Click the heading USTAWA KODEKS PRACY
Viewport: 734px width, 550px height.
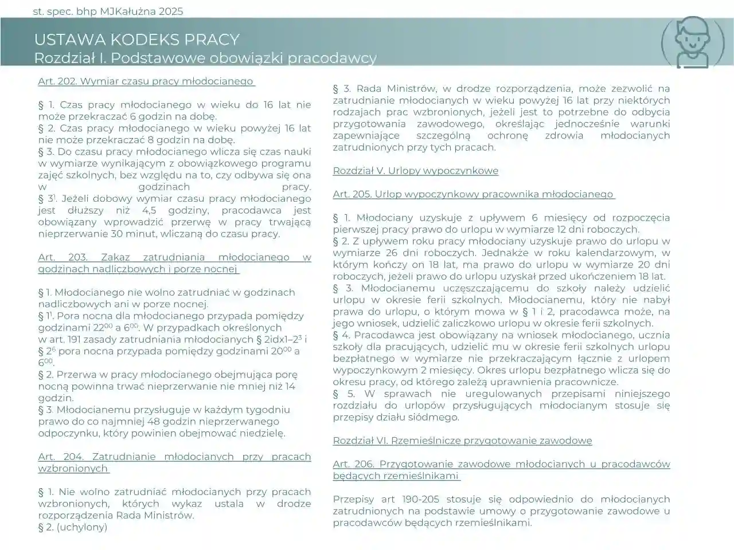tap(136, 40)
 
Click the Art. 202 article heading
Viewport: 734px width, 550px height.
tap(146, 81)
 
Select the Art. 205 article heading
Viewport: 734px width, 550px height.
tap(473, 194)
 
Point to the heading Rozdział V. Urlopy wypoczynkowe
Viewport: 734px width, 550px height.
tap(415, 171)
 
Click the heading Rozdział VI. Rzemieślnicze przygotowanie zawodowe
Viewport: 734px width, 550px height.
tap(462, 441)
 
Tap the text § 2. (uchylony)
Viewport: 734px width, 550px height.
tap(73, 527)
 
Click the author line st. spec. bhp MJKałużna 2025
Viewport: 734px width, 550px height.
tap(108, 11)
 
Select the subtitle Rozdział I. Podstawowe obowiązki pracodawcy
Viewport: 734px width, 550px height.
tap(205, 58)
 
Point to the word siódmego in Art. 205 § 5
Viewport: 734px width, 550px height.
tap(439, 417)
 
